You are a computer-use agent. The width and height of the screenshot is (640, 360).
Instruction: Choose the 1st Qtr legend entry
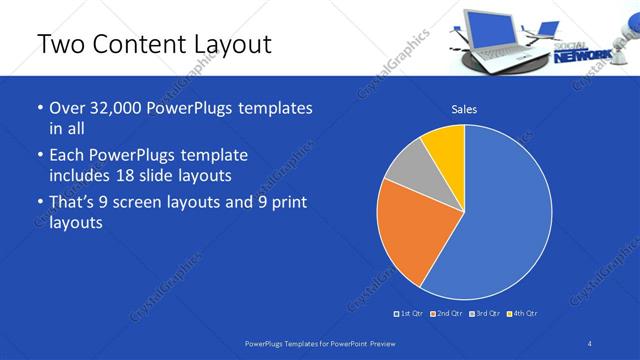(x=410, y=314)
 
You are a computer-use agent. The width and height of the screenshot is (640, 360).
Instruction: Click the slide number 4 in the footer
(x=590, y=343)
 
